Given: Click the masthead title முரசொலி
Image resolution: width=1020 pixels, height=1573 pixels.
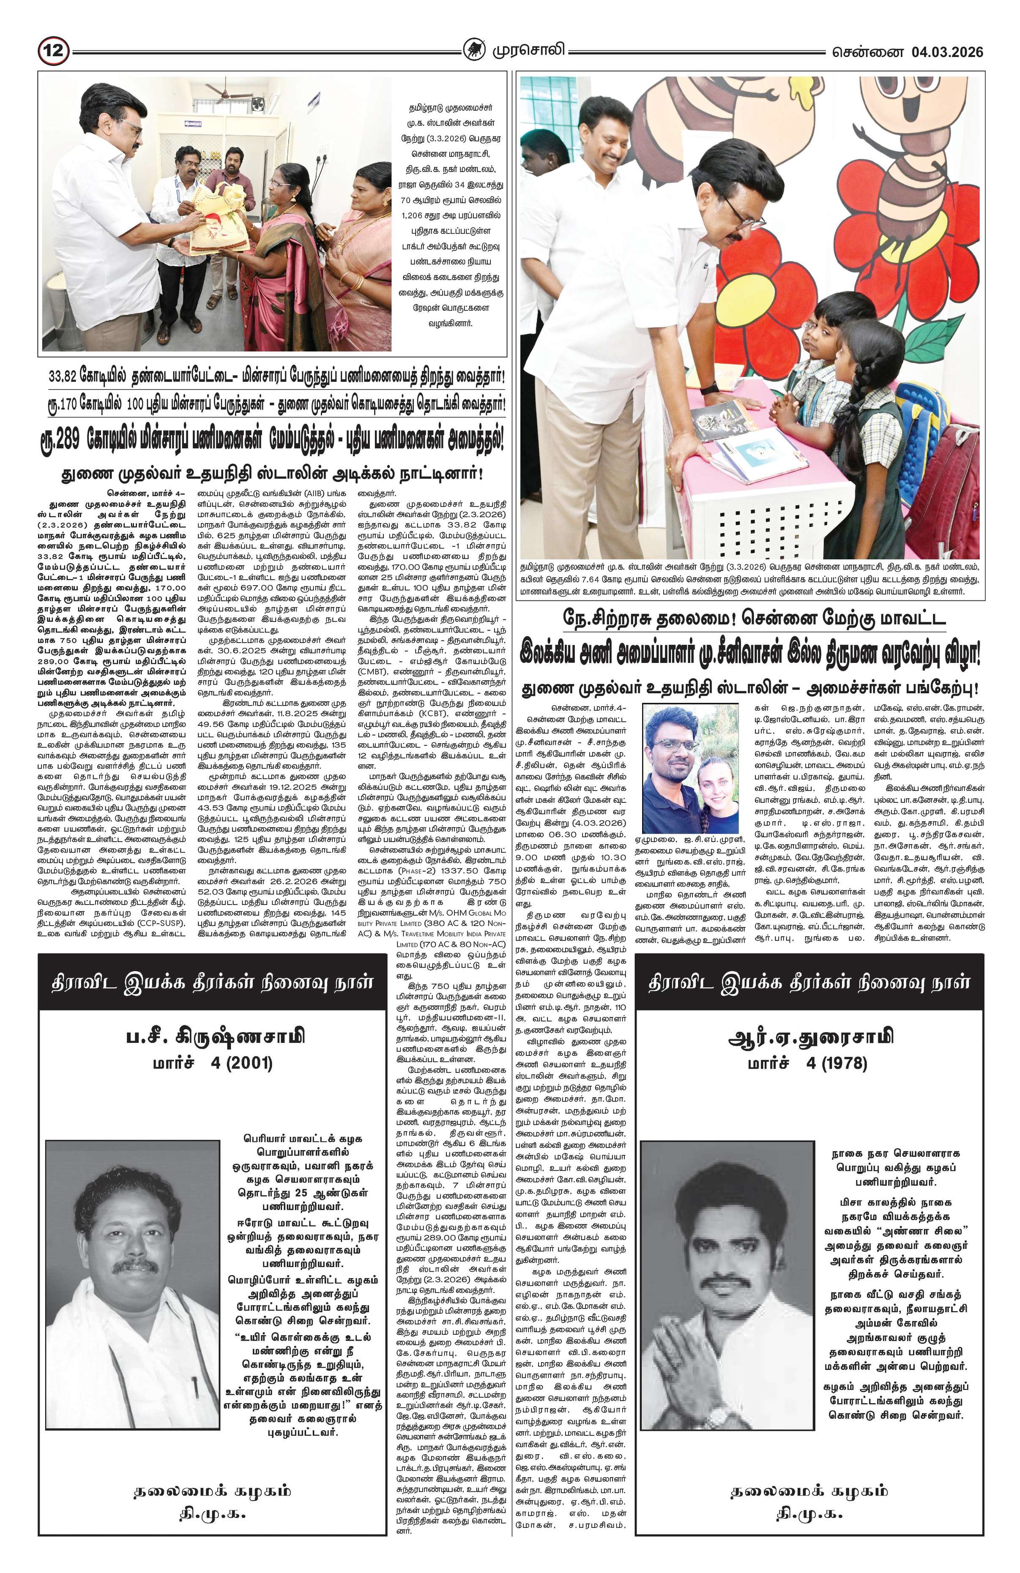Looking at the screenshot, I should point(527,51).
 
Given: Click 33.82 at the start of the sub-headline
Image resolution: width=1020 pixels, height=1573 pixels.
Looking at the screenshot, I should point(64,379).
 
